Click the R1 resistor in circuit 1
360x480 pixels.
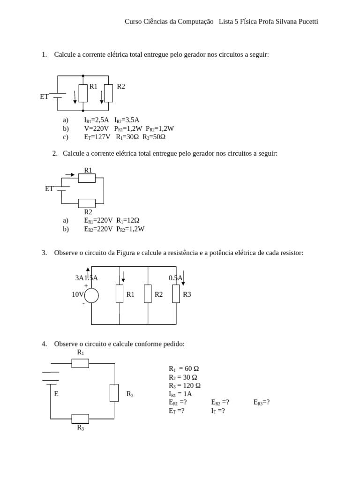point(83,93)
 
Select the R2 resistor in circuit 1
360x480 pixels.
point(108,93)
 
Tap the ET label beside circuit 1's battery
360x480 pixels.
point(44,97)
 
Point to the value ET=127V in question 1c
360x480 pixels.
point(97,137)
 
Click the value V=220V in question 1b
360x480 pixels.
point(96,128)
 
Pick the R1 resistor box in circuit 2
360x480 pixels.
point(87,178)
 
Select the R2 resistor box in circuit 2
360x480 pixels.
point(87,203)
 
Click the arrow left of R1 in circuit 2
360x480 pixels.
point(70,174)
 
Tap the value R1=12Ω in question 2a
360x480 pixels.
point(128,220)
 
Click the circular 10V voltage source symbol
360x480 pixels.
point(91,295)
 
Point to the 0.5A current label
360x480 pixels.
point(175,278)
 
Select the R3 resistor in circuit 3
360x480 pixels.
point(176,294)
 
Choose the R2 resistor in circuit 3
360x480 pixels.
point(148,294)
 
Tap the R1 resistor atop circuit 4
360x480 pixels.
point(80,363)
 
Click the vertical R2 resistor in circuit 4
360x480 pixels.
point(114,393)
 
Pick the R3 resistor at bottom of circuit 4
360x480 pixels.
point(80,418)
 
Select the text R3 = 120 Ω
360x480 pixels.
point(185,385)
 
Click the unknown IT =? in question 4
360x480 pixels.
point(218,411)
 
